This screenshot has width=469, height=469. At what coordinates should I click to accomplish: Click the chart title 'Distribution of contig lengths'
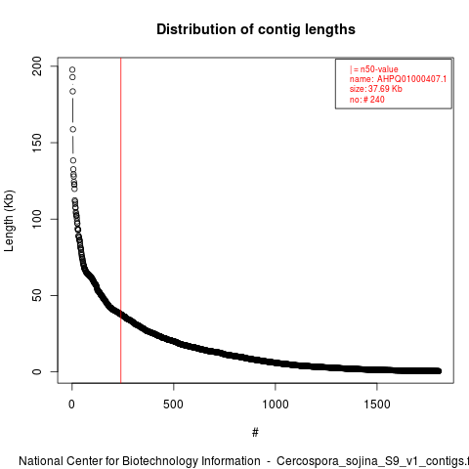256,29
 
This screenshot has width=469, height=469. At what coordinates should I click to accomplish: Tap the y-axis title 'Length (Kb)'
9,221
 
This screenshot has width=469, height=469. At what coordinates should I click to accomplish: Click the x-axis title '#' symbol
255,433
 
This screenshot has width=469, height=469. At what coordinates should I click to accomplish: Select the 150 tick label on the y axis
37,143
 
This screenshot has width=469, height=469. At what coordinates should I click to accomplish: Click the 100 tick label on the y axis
37,219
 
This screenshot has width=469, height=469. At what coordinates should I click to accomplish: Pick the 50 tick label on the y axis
37,295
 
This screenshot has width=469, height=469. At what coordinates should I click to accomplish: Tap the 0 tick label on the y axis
37,371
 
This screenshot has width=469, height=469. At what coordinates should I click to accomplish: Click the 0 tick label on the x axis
71,405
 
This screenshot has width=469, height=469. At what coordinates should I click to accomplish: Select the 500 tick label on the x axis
173,405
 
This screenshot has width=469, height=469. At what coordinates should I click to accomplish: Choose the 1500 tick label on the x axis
377,405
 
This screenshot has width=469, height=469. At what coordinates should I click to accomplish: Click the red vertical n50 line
121,221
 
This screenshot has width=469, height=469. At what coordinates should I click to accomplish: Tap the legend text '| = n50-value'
374,69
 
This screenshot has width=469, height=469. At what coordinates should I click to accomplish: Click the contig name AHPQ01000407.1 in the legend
411,79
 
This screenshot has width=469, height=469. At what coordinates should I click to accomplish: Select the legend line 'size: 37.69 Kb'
376,89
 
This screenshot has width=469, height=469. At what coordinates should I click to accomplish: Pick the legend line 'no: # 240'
367,100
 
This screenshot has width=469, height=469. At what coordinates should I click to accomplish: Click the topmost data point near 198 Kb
72,69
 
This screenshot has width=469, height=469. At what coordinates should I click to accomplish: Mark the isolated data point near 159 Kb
73,129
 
